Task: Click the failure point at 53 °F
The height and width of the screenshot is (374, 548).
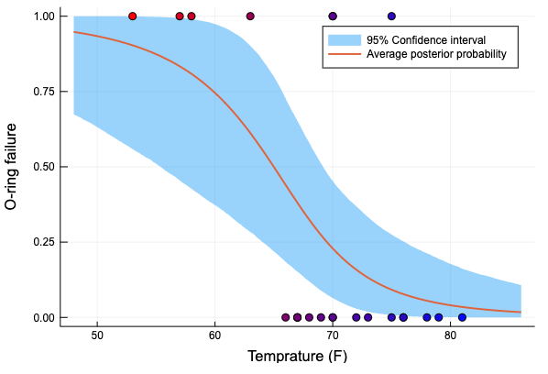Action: click(133, 16)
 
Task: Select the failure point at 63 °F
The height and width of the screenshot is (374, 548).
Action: click(250, 16)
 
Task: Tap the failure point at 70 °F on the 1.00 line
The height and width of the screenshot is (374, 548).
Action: click(333, 16)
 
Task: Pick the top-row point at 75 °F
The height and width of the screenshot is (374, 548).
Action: click(391, 16)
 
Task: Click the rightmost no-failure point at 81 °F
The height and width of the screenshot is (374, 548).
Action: click(462, 317)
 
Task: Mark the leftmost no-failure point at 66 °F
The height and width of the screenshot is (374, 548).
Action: click(286, 317)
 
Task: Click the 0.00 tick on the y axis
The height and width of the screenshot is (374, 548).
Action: click(43, 318)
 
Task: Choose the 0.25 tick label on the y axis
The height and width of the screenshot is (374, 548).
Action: click(43, 243)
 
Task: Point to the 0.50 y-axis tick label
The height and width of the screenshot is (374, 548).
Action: click(43, 168)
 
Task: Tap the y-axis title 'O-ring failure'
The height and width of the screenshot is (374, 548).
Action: click(13, 167)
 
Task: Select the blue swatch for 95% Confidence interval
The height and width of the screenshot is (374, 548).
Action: click(343, 41)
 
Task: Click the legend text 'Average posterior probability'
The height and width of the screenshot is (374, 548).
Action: click(436, 56)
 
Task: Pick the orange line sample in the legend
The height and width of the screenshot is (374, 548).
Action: click(343, 56)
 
